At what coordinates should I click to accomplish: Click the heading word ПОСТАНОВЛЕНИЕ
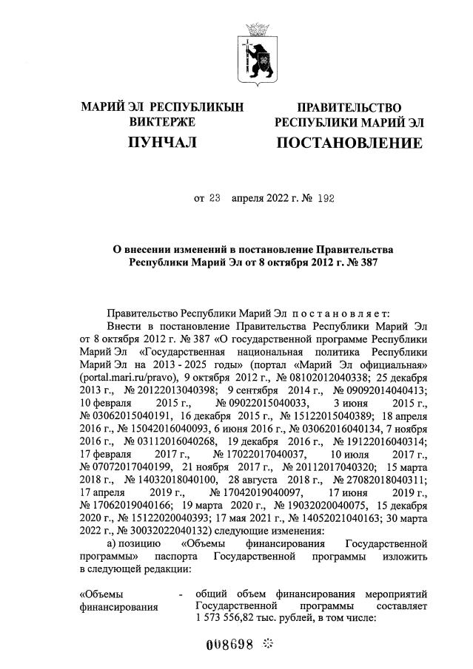click(349, 143)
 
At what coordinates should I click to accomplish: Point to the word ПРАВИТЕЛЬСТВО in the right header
click(349, 107)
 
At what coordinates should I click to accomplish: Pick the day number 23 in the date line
click(215, 197)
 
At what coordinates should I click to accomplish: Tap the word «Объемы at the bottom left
click(101, 594)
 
